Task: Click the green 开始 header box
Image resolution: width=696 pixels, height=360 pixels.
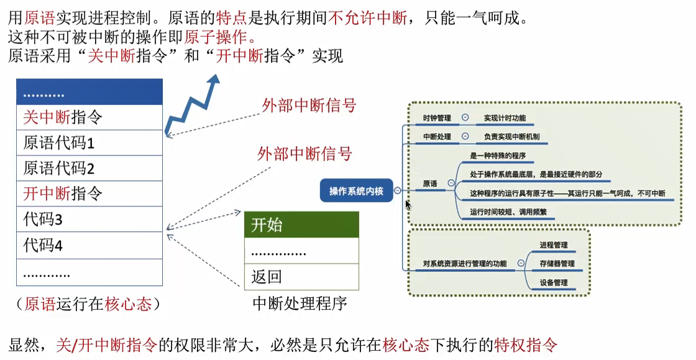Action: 301,224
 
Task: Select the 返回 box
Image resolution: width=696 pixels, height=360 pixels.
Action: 301,277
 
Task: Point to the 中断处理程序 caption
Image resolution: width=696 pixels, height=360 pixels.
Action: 300,303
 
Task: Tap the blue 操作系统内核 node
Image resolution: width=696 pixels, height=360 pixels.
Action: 357,192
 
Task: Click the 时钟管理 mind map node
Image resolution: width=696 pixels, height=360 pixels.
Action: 437,118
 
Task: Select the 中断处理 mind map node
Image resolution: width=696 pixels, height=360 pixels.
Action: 437,137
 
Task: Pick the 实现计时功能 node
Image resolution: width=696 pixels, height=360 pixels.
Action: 504,118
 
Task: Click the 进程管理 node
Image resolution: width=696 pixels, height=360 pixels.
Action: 554,245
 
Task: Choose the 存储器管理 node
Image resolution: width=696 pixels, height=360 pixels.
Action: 557,264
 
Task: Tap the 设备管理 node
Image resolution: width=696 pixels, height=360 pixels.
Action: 554,282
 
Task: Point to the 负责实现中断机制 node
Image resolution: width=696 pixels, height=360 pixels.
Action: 511,137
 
